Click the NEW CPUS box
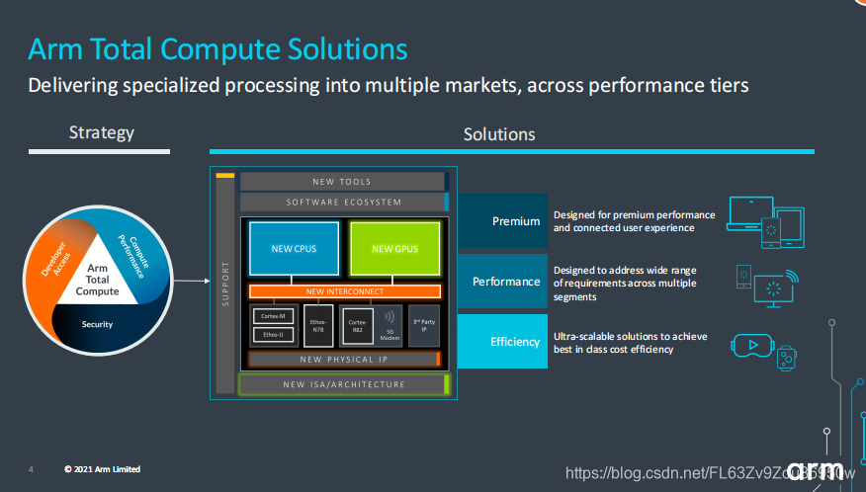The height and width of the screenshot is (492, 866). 294,248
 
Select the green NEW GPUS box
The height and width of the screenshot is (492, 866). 395,248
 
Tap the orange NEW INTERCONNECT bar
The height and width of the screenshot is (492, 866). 344,291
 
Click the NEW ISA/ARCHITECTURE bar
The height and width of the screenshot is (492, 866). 344,384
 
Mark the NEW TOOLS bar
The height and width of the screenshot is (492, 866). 342,182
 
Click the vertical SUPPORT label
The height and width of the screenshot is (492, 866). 225,283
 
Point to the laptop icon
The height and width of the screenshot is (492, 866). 748,213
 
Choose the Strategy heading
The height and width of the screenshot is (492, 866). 102,132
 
